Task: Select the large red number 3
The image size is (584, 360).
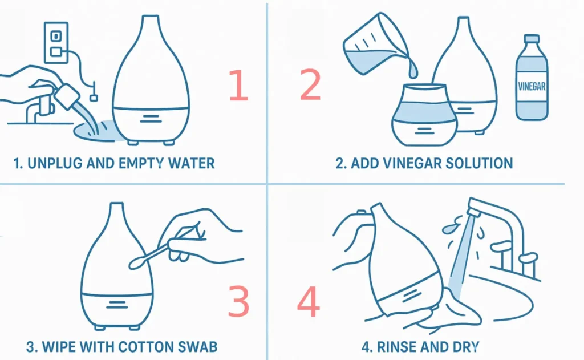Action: click(238, 301)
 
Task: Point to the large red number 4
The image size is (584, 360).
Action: click(309, 302)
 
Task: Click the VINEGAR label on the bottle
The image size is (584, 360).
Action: click(531, 87)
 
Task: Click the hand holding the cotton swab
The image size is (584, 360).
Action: click(200, 240)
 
